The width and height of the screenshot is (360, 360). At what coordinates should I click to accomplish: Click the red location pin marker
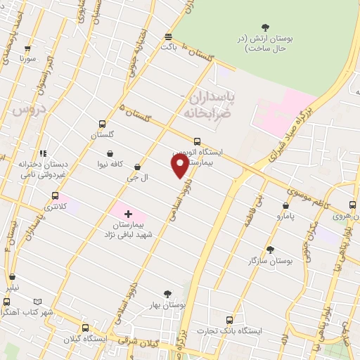coord(180,165)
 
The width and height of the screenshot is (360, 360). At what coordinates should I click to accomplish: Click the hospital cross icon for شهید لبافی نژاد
coord(127,213)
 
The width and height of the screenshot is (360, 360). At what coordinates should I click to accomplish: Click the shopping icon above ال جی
coord(137,167)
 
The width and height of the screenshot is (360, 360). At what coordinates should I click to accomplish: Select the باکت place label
coord(168,47)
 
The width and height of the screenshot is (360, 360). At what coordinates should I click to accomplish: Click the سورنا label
coord(27,58)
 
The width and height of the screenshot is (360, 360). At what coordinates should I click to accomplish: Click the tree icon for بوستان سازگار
coord(269,250)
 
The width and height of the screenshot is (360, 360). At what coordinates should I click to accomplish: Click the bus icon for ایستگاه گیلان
coord(85,328)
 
